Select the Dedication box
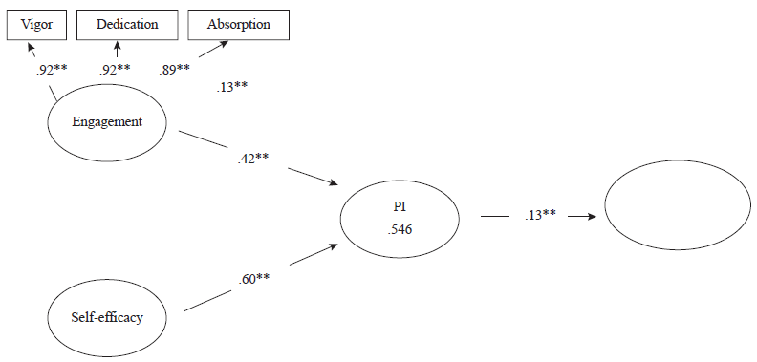126,24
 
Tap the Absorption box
237,24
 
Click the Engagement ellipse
108,123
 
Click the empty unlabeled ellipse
673,217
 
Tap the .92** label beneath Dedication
115,69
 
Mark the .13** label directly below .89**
233,88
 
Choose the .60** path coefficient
254,278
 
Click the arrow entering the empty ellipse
582,216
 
